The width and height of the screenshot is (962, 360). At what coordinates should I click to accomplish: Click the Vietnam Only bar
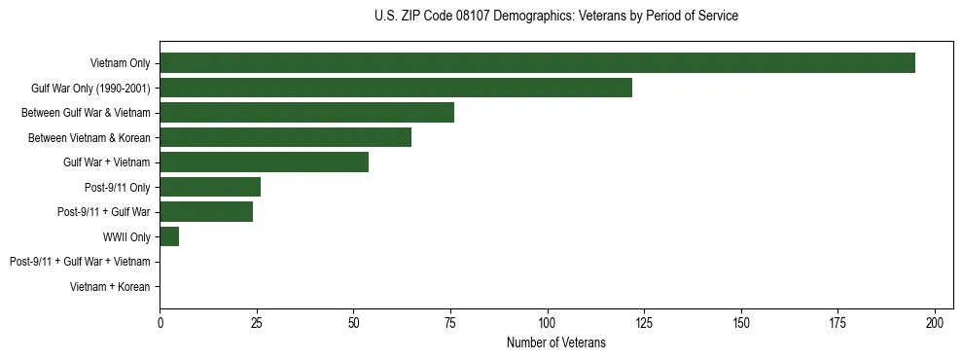click(537, 63)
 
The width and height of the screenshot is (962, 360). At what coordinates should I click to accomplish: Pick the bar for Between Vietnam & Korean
click(285, 137)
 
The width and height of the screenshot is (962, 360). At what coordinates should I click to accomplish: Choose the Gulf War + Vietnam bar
click(264, 162)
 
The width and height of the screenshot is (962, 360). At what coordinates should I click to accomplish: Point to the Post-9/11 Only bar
click(210, 187)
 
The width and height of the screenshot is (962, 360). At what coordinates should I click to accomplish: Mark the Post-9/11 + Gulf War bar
click(206, 212)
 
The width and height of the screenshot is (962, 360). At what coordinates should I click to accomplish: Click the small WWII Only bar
click(169, 236)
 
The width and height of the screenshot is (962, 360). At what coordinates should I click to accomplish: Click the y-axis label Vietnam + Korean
click(110, 287)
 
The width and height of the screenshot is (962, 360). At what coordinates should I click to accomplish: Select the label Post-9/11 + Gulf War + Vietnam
click(80, 262)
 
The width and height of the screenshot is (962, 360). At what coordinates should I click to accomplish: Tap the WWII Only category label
click(126, 237)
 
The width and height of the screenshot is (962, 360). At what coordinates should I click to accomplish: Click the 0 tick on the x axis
click(160, 321)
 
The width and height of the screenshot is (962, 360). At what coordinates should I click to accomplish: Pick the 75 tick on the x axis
click(450, 321)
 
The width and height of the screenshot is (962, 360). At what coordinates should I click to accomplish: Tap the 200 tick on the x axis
click(935, 321)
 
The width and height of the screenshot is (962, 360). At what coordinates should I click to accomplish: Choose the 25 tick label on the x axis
click(257, 321)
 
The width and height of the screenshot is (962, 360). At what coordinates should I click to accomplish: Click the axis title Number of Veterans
click(555, 342)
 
